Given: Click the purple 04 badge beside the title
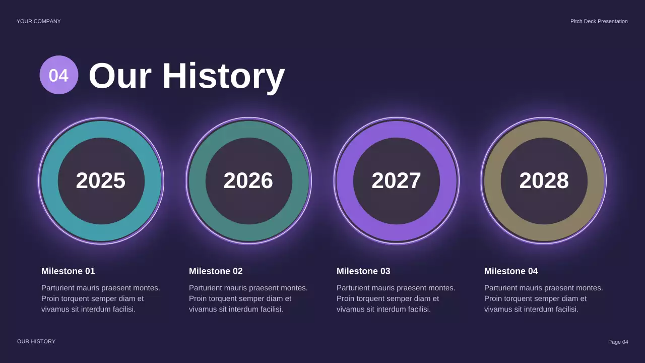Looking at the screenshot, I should click(59, 75).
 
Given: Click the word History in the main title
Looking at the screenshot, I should click(223, 76).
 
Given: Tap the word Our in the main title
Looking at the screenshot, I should click(120, 76).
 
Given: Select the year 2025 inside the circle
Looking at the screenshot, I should click(101, 180).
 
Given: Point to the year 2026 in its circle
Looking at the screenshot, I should click(248, 180).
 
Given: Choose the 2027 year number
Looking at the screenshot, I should click(396, 180).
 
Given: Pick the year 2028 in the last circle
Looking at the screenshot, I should click(544, 180).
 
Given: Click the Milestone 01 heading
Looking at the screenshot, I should click(68, 271).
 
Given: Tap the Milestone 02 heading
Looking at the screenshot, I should click(216, 271).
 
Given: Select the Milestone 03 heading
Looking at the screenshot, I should click(363, 271).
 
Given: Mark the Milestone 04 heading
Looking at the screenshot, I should click(511, 271).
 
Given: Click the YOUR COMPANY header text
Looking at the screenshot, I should click(39, 21).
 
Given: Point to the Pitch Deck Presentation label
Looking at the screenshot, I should click(599, 21).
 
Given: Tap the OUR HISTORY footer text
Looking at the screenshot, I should click(36, 341).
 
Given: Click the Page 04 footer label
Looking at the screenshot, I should click(618, 342).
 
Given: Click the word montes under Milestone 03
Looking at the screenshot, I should click(441, 288).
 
